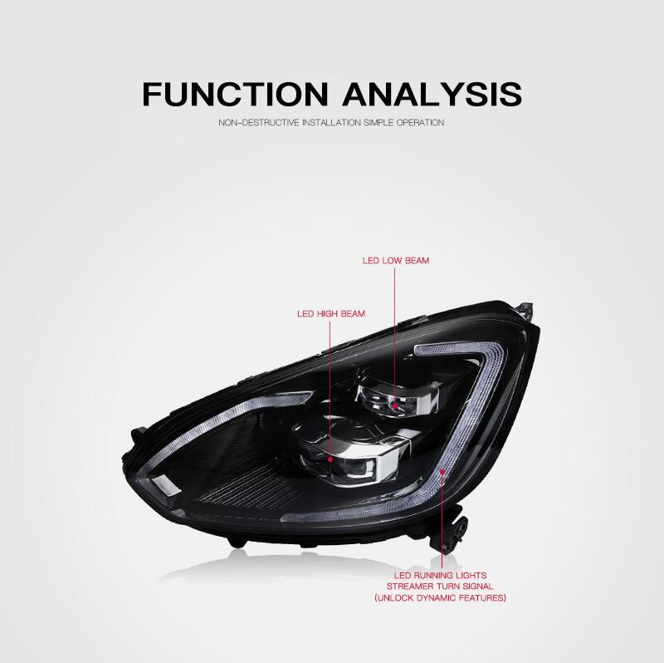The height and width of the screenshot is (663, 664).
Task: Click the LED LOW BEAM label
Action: coord(396,260)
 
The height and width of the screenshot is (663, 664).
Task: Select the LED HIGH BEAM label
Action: coord(331,314)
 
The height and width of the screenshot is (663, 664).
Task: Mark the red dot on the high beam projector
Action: coord(331,457)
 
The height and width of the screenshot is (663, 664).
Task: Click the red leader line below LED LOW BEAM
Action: coord(396,332)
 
